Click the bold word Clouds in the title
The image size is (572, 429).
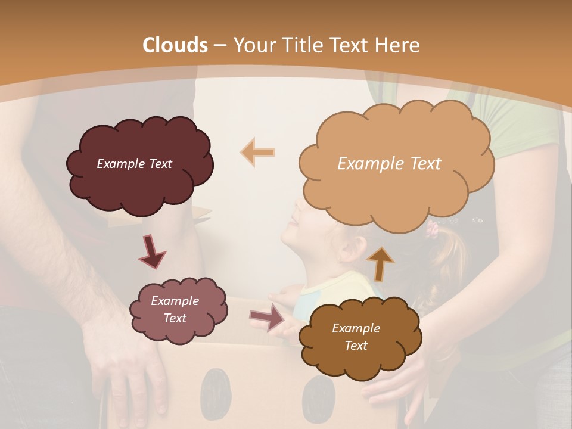[175, 45]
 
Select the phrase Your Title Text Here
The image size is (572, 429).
[327, 45]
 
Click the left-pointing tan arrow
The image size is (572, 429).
[258, 152]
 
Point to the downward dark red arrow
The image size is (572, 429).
[153, 251]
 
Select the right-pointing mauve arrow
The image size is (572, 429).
[268, 317]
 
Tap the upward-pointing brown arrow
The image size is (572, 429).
[380, 263]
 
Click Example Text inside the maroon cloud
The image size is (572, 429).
[134, 164]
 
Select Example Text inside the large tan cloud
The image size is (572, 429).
[389, 164]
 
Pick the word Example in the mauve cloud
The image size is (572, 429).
[175, 301]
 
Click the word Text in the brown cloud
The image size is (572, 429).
[356, 346]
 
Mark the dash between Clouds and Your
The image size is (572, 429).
[220, 46]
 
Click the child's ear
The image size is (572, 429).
[349, 250]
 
